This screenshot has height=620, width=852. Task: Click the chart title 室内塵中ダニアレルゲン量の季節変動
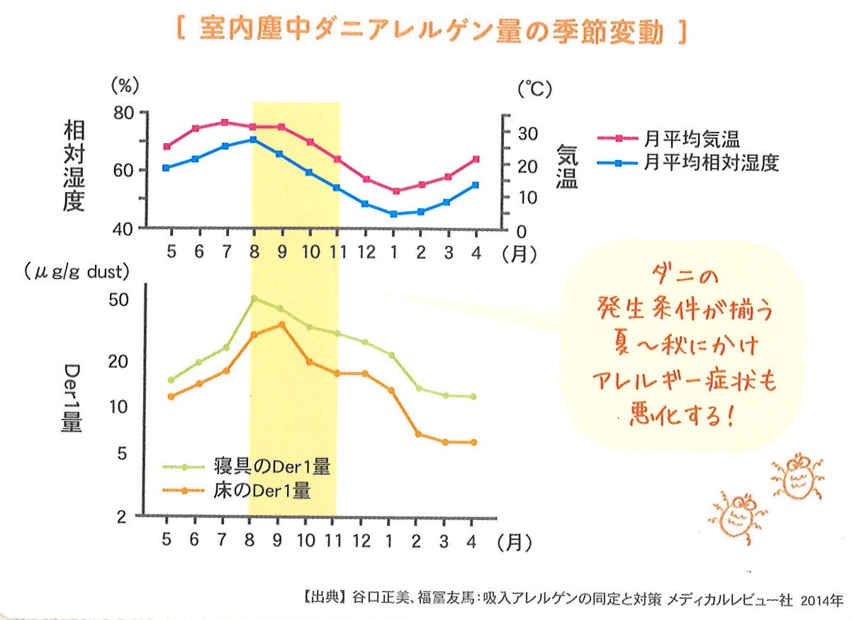point(430,30)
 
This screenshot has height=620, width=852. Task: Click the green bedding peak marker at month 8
point(254,298)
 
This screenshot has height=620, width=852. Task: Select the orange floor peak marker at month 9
point(281,325)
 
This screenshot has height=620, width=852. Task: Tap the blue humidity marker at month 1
point(393,214)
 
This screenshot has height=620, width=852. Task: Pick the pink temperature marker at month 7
point(225,122)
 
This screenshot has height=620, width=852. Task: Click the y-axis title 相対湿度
point(74,166)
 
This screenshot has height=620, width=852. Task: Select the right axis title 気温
point(566,167)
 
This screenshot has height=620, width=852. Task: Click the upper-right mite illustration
point(799,476)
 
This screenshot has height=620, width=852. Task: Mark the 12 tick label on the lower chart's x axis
point(362,542)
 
